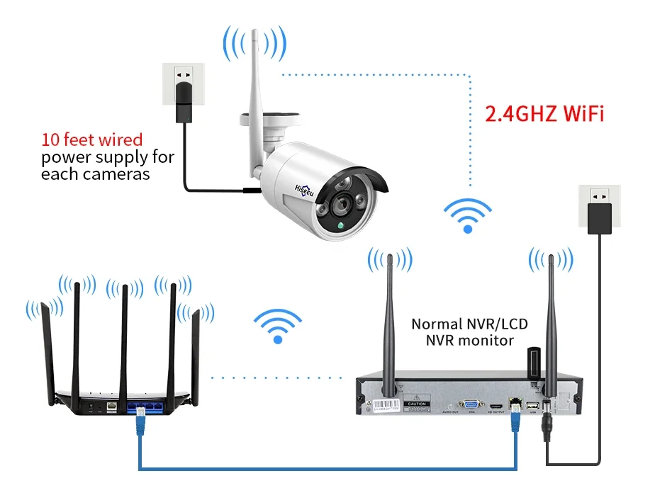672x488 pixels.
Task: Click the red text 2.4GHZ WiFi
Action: click(x=544, y=113)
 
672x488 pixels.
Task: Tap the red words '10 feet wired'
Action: click(x=91, y=140)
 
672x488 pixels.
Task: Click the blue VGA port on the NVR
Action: click(x=470, y=406)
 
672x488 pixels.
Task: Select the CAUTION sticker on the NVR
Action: click(x=416, y=404)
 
